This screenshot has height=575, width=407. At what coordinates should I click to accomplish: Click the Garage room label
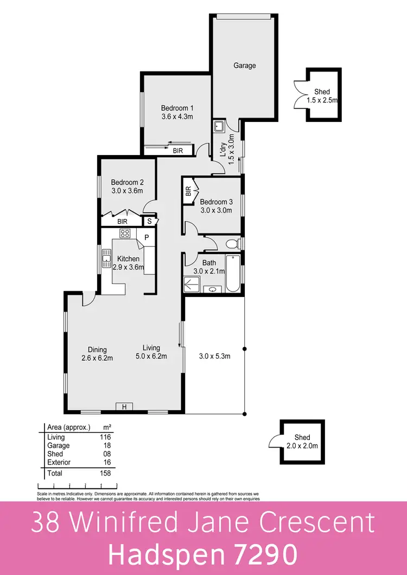click(x=244, y=66)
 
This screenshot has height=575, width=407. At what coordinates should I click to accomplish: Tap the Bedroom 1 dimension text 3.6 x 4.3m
click(x=177, y=117)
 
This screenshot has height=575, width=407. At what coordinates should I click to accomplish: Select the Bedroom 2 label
click(x=127, y=182)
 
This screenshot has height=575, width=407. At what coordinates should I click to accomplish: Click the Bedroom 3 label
click(x=216, y=202)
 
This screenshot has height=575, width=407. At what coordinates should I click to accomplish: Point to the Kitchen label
click(x=128, y=259)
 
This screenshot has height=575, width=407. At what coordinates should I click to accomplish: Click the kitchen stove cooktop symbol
click(x=125, y=234)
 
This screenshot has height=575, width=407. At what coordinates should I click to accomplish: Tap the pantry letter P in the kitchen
click(x=147, y=238)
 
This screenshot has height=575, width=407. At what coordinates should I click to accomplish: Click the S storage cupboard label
click(x=149, y=221)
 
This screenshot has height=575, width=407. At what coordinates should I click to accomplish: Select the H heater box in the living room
click(x=124, y=407)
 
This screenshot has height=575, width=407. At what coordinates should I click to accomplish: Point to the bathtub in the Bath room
click(x=232, y=273)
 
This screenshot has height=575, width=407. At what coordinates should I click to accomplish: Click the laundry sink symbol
click(x=219, y=127)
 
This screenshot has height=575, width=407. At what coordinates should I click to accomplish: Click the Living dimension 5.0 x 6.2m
click(x=151, y=357)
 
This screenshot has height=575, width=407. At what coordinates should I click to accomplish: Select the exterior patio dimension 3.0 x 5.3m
click(x=215, y=356)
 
